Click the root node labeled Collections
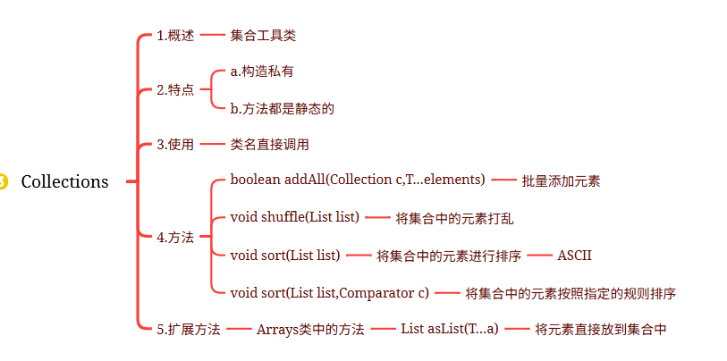click(x=64, y=181)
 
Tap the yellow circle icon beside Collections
click(x=3, y=181)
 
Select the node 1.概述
click(x=175, y=36)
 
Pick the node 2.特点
click(x=175, y=89)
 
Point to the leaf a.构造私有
click(x=262, y=71)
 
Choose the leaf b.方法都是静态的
click(x=282, y=108)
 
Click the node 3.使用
click(x=175, y=144)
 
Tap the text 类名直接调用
click(x=269, y=144)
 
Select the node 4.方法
click(x=175, y=237)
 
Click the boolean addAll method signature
click(x=358, y=180)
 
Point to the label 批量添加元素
click(x=561, y=180)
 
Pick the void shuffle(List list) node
click(x=294, y=217)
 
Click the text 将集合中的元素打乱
click(x=447, y=217)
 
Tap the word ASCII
click(x=575, y=256)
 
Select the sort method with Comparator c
click(x=330, y=292)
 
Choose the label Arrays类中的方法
click(x=310, y=329)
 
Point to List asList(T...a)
click(x=450, y=329)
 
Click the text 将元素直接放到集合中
click(x=601, y=329)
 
